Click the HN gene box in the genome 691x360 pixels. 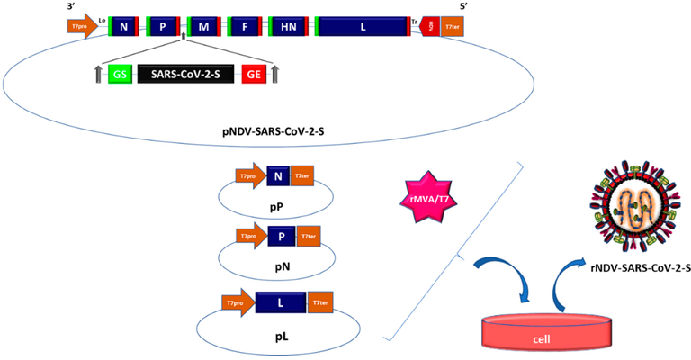click(x=287, y=28)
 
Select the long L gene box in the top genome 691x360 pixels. click(x=363, y=28)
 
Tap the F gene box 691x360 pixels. click(x=244, y=28)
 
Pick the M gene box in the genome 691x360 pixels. click(x=203, y=28)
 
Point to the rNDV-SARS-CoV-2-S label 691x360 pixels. click(x=633, y=278)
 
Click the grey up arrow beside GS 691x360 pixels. click(x=99, y=75)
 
